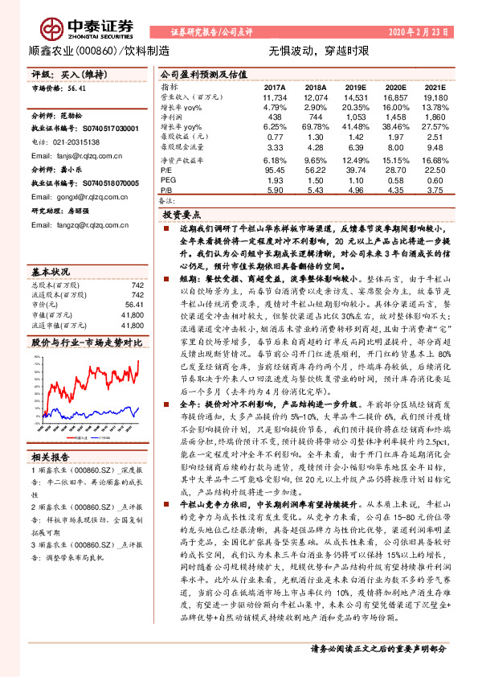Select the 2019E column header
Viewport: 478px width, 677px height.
353,86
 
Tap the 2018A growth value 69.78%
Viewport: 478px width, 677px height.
314,127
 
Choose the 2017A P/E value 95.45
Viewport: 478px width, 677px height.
275,170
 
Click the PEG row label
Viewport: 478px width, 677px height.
167,180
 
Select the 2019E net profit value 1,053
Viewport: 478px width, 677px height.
355,117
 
